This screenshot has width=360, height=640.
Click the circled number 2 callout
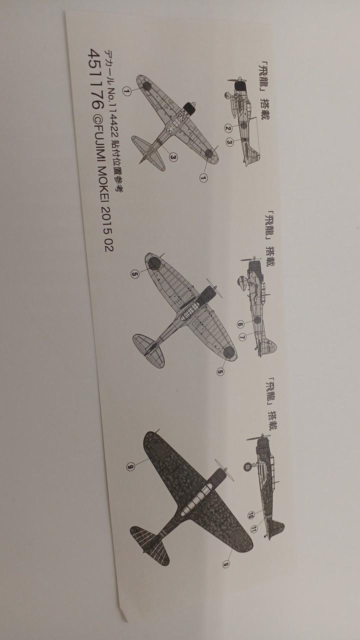(x=227, y=128)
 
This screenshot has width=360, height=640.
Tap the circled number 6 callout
(x=240, y=324)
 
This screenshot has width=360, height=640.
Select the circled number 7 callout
(x=242, y=337)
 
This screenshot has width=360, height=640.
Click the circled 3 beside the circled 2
(x=229, y=141)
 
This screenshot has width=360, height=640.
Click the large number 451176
(x=95, y=78)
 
